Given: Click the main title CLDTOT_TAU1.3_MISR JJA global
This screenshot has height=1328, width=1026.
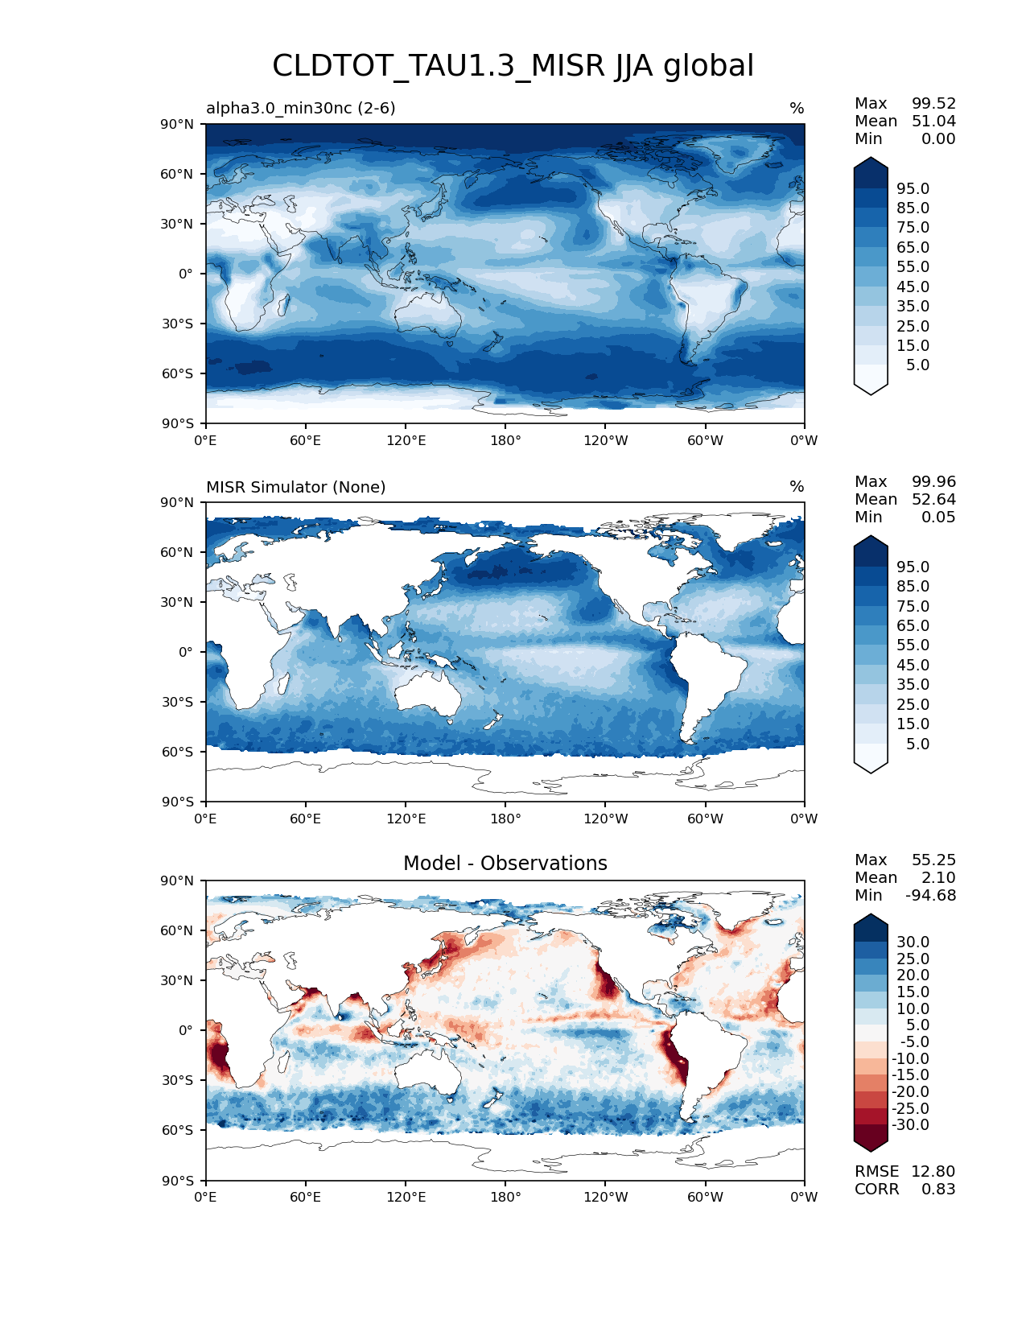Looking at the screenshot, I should [513, 66].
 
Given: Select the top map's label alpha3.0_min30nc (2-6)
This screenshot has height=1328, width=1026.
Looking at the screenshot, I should [300, 108].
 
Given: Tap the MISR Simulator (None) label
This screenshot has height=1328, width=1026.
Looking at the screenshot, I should [295, 487].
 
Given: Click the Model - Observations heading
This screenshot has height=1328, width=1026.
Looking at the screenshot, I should [505, 864].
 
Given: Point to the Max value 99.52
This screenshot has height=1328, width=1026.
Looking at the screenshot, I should [933, 103].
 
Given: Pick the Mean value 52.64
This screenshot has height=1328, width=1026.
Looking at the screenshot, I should [933, 499].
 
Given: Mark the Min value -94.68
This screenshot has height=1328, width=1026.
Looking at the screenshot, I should [930, 895].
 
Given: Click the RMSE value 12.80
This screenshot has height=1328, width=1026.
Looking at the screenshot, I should [933, 1171].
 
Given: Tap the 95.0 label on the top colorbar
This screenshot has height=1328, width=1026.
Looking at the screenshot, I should [913, 188].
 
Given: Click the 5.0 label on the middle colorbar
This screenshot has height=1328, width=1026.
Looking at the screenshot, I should [917, 744].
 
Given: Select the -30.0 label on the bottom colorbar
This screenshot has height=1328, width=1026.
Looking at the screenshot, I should [910, 1124].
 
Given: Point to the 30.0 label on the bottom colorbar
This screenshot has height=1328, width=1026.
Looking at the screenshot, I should [913, 942].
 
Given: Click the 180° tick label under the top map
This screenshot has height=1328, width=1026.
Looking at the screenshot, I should [505, 440].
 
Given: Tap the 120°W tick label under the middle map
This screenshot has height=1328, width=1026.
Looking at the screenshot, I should [606, 819].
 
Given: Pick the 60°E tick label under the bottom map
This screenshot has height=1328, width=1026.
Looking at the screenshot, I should [305, 1197].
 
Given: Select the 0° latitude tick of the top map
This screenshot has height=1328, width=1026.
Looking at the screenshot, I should [186, 274].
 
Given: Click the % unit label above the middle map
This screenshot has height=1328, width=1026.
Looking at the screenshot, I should [797, 487].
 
